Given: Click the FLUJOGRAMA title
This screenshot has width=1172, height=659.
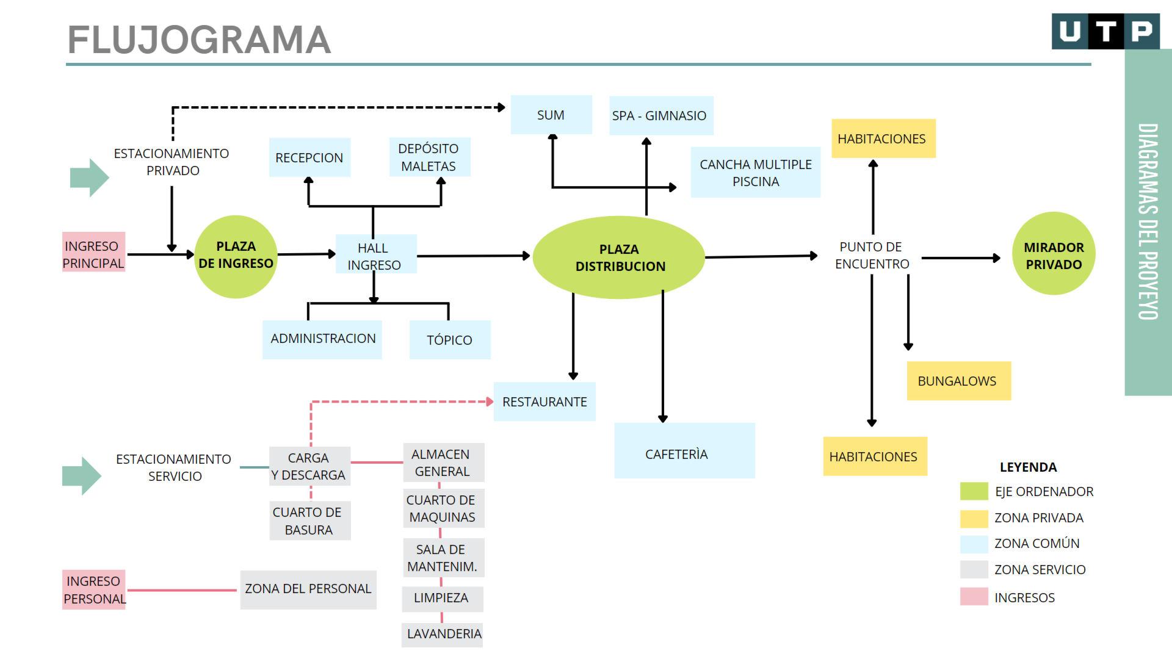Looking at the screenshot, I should [199, 40].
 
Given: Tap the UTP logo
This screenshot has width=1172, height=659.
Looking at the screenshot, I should [1105, 31].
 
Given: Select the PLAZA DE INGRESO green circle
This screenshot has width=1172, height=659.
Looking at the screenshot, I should [236, 256].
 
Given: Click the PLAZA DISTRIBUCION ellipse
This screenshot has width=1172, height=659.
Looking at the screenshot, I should [619, 257].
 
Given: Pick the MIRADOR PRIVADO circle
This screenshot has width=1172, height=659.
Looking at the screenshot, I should [1054, 254].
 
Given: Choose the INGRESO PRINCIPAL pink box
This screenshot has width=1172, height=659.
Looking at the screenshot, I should [93, 252].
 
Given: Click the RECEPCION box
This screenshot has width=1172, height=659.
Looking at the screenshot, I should [309, 157].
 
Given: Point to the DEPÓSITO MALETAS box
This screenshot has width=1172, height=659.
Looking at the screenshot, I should [429, 157].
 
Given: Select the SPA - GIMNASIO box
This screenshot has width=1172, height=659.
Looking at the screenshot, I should [660, 115].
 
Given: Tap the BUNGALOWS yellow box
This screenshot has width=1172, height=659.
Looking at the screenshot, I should [958, 381].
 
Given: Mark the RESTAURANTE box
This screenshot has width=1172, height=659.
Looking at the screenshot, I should [544, 402].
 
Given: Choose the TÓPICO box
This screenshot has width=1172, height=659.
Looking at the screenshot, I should [450, 340].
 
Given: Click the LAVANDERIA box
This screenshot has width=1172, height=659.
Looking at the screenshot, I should [443, 635].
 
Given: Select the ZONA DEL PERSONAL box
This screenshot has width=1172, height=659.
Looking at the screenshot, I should [308, 589].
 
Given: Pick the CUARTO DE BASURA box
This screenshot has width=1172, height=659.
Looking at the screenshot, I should [309, 521].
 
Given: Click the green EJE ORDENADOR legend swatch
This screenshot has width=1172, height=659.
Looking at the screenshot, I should [974, 491].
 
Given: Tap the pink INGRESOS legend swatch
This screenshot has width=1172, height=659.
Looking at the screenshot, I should [974, 597].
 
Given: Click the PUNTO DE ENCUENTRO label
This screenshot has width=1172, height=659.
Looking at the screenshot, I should [872, 256].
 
